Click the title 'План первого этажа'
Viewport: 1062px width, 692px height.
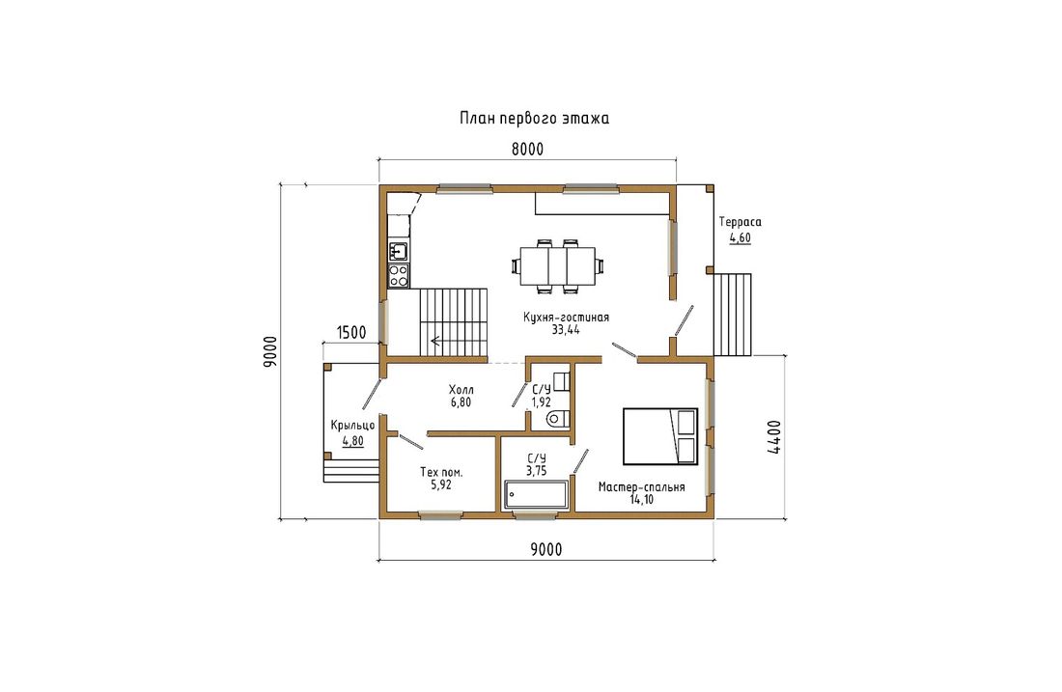[535, 119]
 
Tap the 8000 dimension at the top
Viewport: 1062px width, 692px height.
[527, 150]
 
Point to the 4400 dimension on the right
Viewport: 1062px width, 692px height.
[773, 437]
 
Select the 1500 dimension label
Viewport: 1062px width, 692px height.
[350, 332]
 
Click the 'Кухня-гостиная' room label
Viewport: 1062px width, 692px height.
[566, 318]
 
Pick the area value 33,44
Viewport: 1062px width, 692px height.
[566, 330]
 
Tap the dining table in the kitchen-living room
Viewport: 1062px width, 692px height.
[557, 266]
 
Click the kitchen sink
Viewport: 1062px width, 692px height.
[398, 251]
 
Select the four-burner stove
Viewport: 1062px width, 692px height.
[398, 276]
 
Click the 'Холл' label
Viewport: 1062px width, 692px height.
[461, 390]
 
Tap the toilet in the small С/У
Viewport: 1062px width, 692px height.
[557, 419]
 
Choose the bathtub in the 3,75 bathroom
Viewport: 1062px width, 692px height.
[536, 494]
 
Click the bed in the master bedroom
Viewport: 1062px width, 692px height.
[660, 436]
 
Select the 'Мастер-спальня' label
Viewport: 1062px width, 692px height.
[641, 487]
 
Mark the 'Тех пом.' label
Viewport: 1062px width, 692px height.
[441, 473]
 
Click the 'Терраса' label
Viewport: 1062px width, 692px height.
[740, 222]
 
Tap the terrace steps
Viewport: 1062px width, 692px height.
[733, 315]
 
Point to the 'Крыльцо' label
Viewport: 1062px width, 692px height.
[352, 426]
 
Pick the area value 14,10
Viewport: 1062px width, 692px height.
[641, 500]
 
